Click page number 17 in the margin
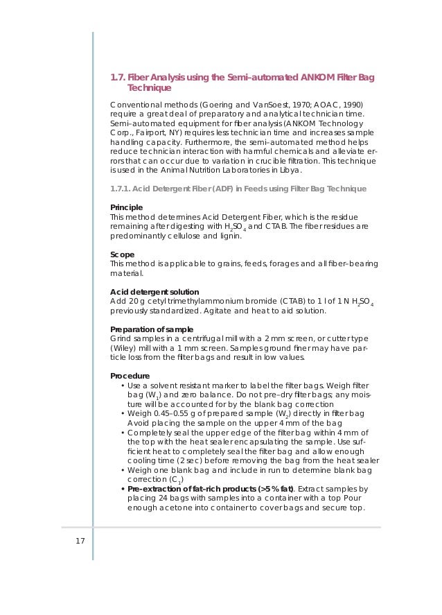click(80, 540)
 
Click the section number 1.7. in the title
click(118, 77)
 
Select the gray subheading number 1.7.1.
click(120, 189)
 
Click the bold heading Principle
click(127, 207)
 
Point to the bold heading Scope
click(123, 254)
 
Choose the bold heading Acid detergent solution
click(154, 292)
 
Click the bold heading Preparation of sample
click(152, 329)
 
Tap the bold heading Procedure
click(130, 376)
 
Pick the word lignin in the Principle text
click(229, 236)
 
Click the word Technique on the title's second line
click(149, 88)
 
